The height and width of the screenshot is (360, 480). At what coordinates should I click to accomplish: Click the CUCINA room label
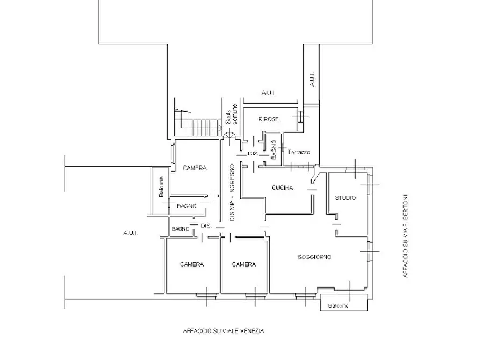282,188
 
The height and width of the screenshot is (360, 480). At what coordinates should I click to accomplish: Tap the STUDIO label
345,198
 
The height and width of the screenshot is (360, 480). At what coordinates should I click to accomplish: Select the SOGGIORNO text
314,257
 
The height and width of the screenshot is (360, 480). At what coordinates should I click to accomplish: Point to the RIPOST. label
269,119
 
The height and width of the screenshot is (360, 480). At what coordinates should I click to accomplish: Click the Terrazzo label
299,152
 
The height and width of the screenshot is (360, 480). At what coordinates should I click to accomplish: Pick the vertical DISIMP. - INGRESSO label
232,193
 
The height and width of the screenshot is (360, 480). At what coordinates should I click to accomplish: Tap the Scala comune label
232,114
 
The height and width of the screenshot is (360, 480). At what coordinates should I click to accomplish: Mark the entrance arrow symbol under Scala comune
230,134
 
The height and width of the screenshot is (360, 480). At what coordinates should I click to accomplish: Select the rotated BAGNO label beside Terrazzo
274,150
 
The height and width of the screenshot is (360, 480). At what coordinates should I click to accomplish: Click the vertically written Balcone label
161,186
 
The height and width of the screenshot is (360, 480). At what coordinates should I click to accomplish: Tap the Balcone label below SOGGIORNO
338,306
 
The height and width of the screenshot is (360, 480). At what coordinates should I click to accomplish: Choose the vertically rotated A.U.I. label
312,79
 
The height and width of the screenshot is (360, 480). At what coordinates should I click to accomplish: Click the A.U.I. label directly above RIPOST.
268,92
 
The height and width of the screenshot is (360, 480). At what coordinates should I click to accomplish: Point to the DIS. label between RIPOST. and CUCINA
253,153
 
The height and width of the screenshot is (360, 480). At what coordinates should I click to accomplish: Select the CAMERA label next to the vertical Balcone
195,168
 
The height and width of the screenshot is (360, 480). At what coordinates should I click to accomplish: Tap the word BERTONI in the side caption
405,206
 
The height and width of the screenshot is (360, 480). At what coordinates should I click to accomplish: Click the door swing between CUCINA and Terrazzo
314,177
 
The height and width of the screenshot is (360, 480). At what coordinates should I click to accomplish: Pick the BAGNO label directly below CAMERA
187,206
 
